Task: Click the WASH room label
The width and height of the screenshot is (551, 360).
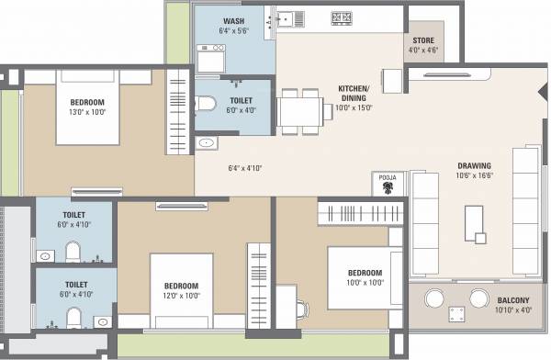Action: pos(234,19)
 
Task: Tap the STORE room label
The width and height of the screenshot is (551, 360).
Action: pos(422,39)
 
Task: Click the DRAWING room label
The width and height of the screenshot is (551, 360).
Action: pos(474,166)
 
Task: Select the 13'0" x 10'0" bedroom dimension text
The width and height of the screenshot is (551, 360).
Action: pos(88,112)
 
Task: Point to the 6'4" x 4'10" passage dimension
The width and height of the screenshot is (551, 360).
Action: pos(245,168)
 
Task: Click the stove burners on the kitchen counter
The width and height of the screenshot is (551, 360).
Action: pos(341,17)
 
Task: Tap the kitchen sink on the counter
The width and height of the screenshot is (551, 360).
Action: pos(288,17)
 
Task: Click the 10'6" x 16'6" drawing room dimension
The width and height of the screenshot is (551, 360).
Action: pos(474,177)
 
